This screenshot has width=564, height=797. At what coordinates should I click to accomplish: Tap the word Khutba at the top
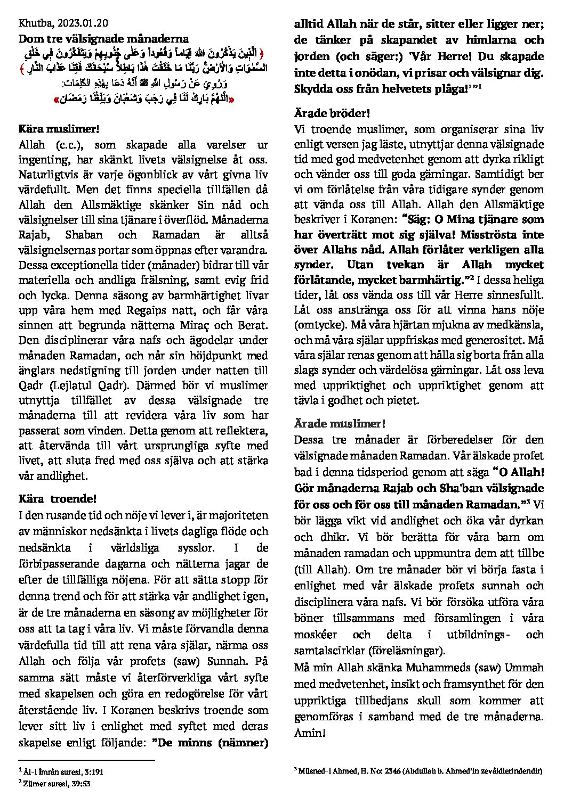(x=32, y=24)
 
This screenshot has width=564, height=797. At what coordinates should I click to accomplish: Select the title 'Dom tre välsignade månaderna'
(x=103, y=39)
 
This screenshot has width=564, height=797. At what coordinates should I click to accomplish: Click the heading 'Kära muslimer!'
(x=59, y=129)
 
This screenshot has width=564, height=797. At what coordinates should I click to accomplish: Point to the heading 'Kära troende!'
(x=58, y=499)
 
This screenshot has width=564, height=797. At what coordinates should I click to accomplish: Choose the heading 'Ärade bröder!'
(x=332, y=113)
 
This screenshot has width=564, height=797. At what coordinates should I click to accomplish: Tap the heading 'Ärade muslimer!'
(x=339, y=423)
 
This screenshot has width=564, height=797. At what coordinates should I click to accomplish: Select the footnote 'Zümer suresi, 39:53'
(x=55, y=782)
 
